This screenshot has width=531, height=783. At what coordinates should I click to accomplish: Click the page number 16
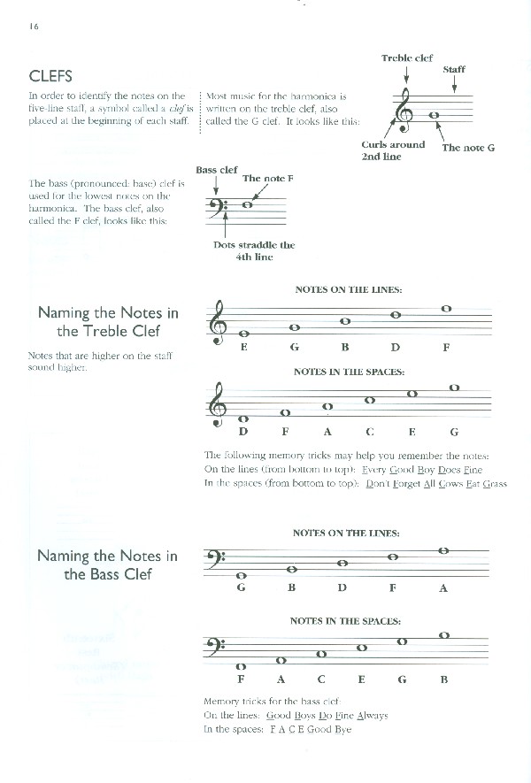pos(34,26)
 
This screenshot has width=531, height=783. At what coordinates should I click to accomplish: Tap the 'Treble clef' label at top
pos(407,58)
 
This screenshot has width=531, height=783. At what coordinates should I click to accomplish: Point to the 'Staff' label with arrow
pos(453,69)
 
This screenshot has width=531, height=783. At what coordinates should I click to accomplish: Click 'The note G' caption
pos(468,148)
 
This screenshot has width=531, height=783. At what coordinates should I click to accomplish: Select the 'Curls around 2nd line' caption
pos(393,150)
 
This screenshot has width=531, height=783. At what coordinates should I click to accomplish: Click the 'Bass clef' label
pos(217,169)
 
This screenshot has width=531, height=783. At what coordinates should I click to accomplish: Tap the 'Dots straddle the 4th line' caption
pos(254,250)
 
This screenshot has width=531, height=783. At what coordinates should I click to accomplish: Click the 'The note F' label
pos(267,178)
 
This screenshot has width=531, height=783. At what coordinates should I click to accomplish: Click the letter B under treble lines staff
pos(345,348)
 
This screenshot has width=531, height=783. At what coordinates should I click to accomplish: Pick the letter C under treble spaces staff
pos(370,432)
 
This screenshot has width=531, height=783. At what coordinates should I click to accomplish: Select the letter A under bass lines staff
pos(443,587)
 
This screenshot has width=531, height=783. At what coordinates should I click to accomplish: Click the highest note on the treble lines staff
pos(446,308)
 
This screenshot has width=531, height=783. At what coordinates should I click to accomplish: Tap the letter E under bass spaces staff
pos(362,679)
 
